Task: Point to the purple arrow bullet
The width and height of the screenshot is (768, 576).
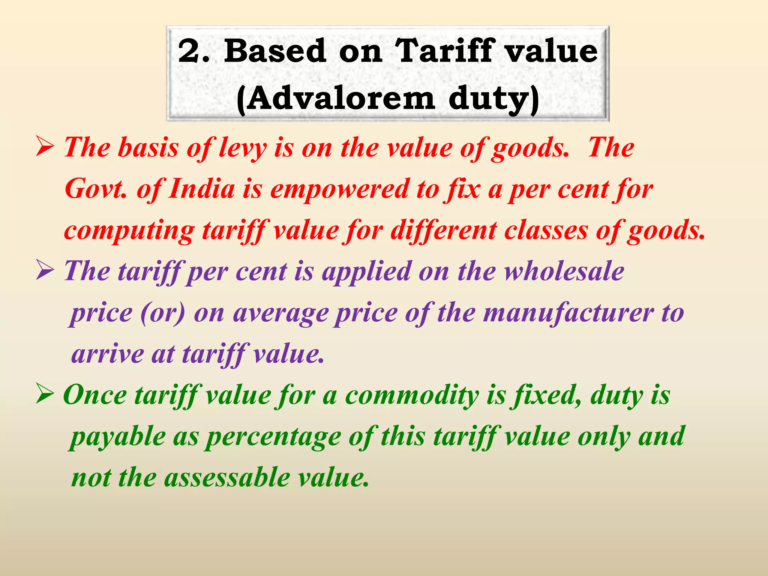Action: pyautogui.click(x=45, y=271)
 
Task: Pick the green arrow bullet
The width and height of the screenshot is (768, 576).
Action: pyautogui.click(x=45, y=396)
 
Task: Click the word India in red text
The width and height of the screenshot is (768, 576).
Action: pyautogui.click(x=201, y=189)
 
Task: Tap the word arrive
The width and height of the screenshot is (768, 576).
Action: pyautogui.click(x=107, y=354)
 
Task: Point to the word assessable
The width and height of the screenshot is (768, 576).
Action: pyautogui.click(x=227, y=478)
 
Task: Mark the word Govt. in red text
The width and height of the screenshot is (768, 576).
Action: pyautogui.click(x=95, y=189)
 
